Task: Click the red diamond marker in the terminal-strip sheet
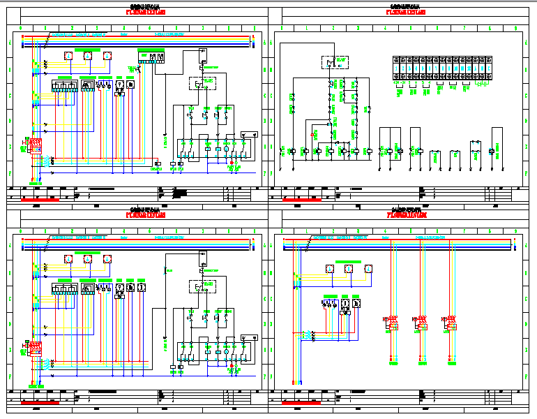(312, 132)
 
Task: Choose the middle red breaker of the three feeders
(421, 323)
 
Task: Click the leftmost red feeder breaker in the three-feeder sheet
(391, 323)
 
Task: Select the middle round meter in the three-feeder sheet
(349, 269)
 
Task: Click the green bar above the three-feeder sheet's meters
(349, 260)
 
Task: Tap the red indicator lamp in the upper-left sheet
(233, 162)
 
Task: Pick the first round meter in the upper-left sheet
(68, 56)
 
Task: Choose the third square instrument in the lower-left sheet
(141, 288)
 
